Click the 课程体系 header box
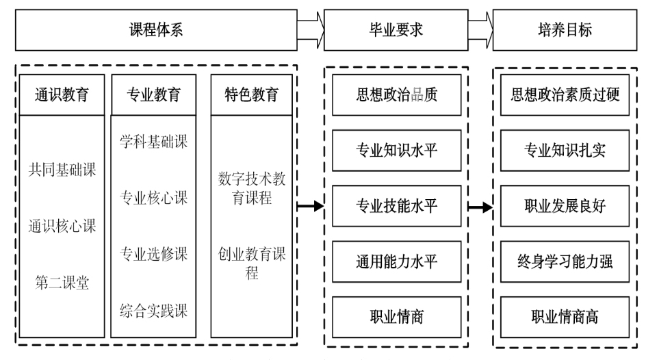157,30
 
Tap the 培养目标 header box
565,30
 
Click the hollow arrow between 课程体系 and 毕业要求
311,30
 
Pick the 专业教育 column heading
154,95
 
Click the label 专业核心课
154,198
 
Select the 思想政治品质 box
397,95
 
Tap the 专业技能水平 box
397,206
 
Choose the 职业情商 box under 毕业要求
397,316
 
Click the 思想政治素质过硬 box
565,95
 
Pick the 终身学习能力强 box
565,261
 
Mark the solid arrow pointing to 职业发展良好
480,206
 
